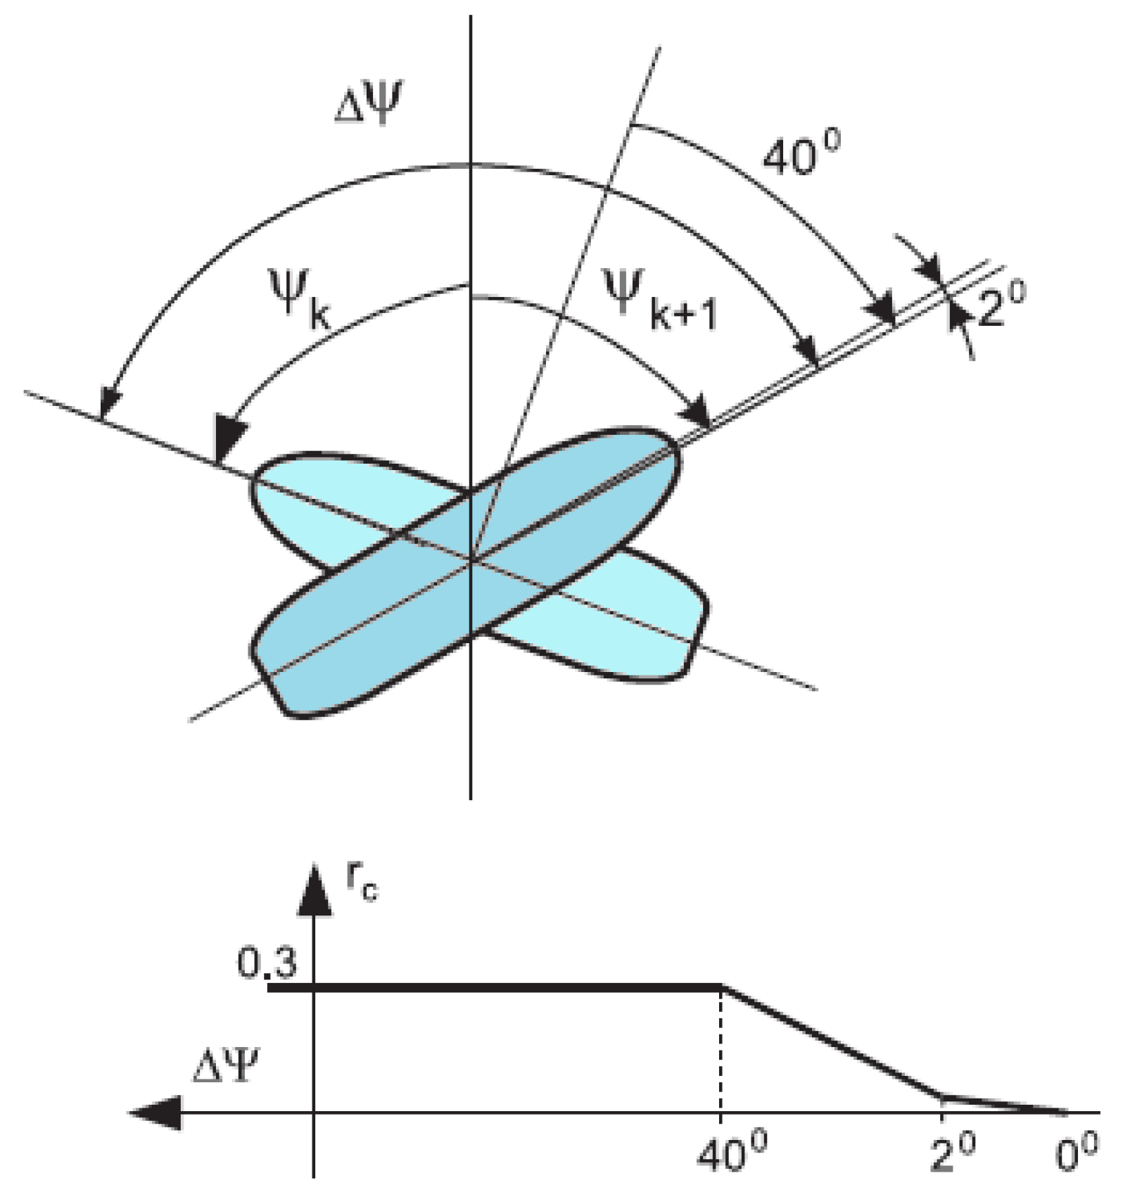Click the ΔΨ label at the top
pos(368,104)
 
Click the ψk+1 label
pos(662,303)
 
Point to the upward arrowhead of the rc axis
pos(314,894)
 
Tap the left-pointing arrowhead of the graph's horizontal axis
pos(155,1113)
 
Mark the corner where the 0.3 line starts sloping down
pos(722,988)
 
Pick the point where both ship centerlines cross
pos(471,559)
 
